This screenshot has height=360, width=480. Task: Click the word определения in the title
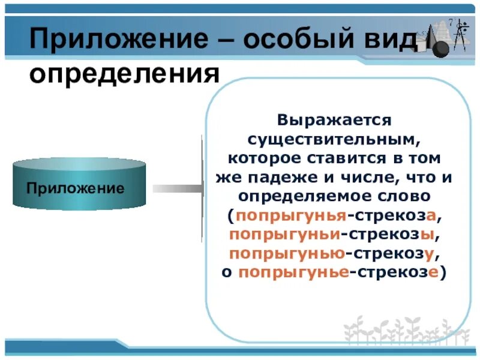[123, 75]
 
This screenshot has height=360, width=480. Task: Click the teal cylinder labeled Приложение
[79, 183]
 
